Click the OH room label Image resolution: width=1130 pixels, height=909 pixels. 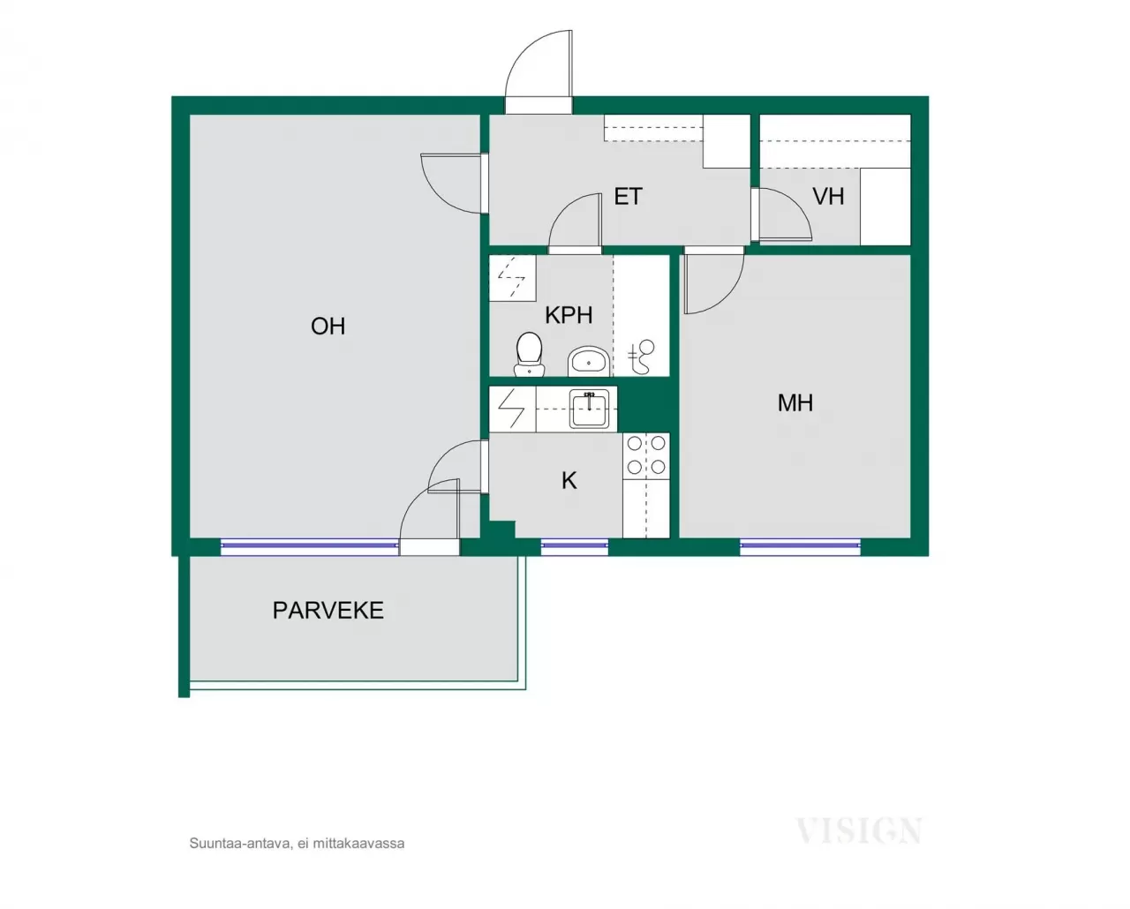click(x=328, y=327)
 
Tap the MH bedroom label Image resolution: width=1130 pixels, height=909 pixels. click(x=795, y=403)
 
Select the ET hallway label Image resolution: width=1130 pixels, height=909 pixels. click(x=628, y=197)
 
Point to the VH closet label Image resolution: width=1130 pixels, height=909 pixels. click(x=828, y=197)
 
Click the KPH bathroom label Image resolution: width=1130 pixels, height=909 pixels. click(x=569, y=315)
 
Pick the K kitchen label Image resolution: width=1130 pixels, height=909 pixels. click(x=569, y=481)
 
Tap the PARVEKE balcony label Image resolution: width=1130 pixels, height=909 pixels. click(x=328, y=611)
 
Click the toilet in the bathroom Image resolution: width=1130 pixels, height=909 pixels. click(x=529, y=354)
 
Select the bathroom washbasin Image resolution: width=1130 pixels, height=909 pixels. click(x=588, y=361)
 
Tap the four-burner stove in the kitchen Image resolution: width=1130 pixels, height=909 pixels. click(x=646, y=455)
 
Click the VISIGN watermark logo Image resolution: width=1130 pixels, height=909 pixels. click(x=858, y=831)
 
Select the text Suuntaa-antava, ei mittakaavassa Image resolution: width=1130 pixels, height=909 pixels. click(x=297, y=844)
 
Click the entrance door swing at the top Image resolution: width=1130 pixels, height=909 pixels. click(x=539, y=71)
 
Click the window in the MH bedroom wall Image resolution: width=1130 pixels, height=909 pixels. click(x=800, y=547)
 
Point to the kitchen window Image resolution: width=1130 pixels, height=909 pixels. click(x=575, y=547)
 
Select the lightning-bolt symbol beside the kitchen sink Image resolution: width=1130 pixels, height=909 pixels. click(x=512, y=409)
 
